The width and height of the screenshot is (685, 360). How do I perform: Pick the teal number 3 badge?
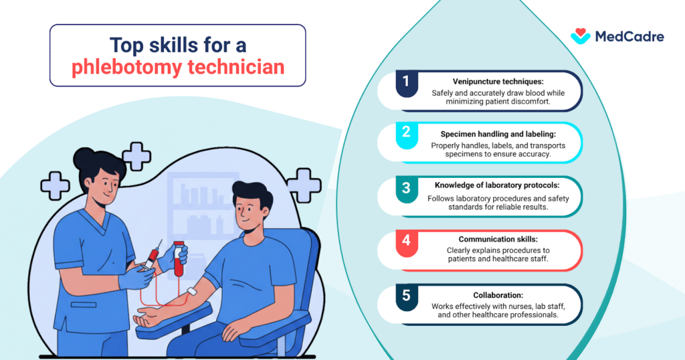(405, 189)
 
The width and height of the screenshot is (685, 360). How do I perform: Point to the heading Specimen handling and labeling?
(498, 133)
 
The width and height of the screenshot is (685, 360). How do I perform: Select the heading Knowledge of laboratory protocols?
(498, 186)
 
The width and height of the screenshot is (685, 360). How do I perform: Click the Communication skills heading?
(498, 239)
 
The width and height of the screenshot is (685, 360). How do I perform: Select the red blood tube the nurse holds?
(179, 259)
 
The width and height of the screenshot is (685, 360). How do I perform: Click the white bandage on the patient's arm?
(193, 292)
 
